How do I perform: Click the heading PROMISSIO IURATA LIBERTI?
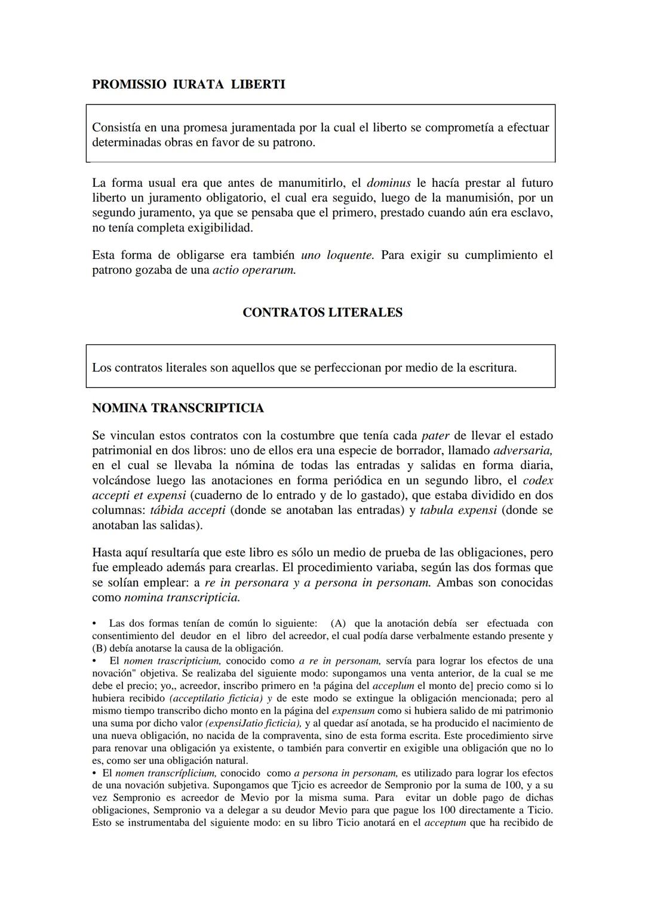coord(188,85)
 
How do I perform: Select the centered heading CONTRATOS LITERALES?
coord(322,313)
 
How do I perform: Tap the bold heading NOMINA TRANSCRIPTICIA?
coord(177,408)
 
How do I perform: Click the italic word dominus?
coord(388,183)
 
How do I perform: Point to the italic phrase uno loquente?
coord(337,255)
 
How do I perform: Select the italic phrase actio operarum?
coord(254,270)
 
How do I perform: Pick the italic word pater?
coord(435,435)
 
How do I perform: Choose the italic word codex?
coord(537,480)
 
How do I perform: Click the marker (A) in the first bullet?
coord(338,623)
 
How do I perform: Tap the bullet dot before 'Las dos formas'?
coord(94,623)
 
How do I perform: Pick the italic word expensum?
coord(352,711)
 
